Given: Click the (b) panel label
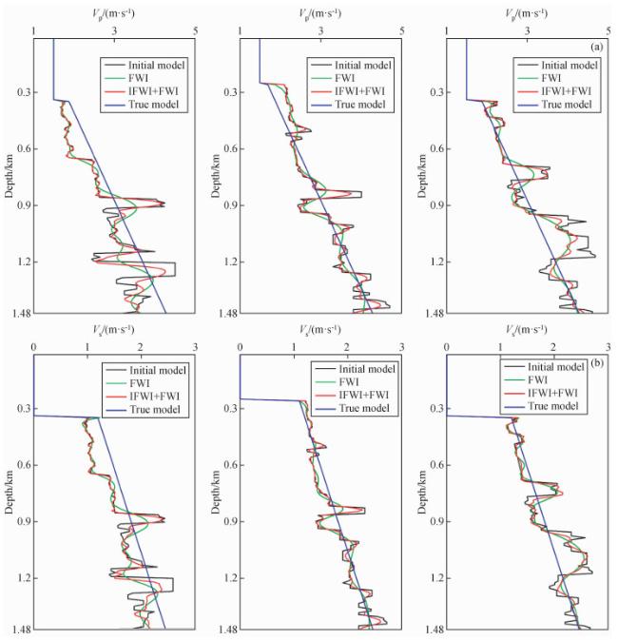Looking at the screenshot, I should click(x=595, y=364).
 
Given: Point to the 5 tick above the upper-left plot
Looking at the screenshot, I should click(x=196, y=30).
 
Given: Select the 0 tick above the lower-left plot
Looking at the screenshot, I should click(x=34, y=348).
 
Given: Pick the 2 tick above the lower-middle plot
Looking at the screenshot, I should click(x=347, y=348).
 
